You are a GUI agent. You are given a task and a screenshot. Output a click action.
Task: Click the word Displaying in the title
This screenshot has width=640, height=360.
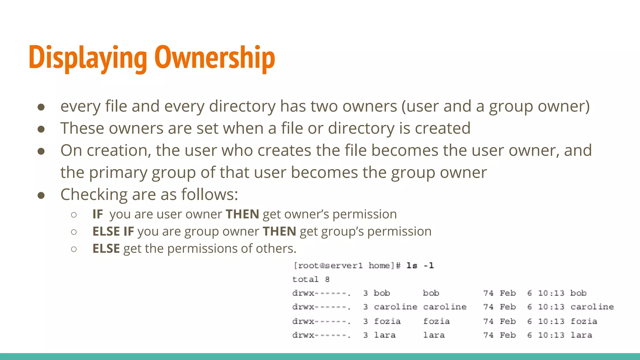(x=88, y=58)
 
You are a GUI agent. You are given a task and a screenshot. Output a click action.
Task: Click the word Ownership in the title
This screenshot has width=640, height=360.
(x=215, y=58)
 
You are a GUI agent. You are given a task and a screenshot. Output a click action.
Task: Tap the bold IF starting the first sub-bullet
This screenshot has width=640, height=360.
(x=97, y=214)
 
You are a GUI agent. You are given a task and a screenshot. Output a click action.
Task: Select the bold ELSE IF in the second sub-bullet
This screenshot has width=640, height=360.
(x=113, y=232)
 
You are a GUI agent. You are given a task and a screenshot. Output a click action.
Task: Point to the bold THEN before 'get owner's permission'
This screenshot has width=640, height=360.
(x=242, y=214)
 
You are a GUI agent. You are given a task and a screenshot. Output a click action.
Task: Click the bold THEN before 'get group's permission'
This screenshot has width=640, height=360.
(x=279, y=232)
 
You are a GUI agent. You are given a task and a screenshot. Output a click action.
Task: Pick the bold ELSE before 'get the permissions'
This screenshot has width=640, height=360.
(x=106, y=249)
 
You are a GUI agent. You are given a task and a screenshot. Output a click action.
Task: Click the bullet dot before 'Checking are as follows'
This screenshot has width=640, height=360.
(x=41, y=195)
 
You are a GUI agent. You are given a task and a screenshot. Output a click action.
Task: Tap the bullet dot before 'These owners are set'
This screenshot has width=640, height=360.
(x=41, y=129)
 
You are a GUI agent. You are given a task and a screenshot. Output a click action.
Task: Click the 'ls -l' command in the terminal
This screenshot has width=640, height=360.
(x=420, y=266)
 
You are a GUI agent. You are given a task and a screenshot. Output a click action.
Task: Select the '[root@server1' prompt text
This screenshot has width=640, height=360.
(x=328, y=266)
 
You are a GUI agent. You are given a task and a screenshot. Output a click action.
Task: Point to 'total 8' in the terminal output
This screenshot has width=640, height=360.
(x=311, y=279)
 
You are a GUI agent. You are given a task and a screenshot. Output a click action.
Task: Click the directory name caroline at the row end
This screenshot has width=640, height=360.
(x=592, y=307)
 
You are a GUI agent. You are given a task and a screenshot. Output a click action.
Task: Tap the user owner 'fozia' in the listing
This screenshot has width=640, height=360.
(x=387, y=321)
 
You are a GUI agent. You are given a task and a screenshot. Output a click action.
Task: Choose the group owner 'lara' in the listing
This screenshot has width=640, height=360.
(x=434, y=335)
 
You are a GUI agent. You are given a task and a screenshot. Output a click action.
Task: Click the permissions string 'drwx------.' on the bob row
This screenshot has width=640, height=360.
(x=321, y=293)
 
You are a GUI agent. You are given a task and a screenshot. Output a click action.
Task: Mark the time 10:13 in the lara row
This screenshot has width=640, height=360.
(x=551, y=335)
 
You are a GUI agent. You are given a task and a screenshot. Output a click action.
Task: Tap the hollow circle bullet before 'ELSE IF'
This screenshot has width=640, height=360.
(x=74, y=232)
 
